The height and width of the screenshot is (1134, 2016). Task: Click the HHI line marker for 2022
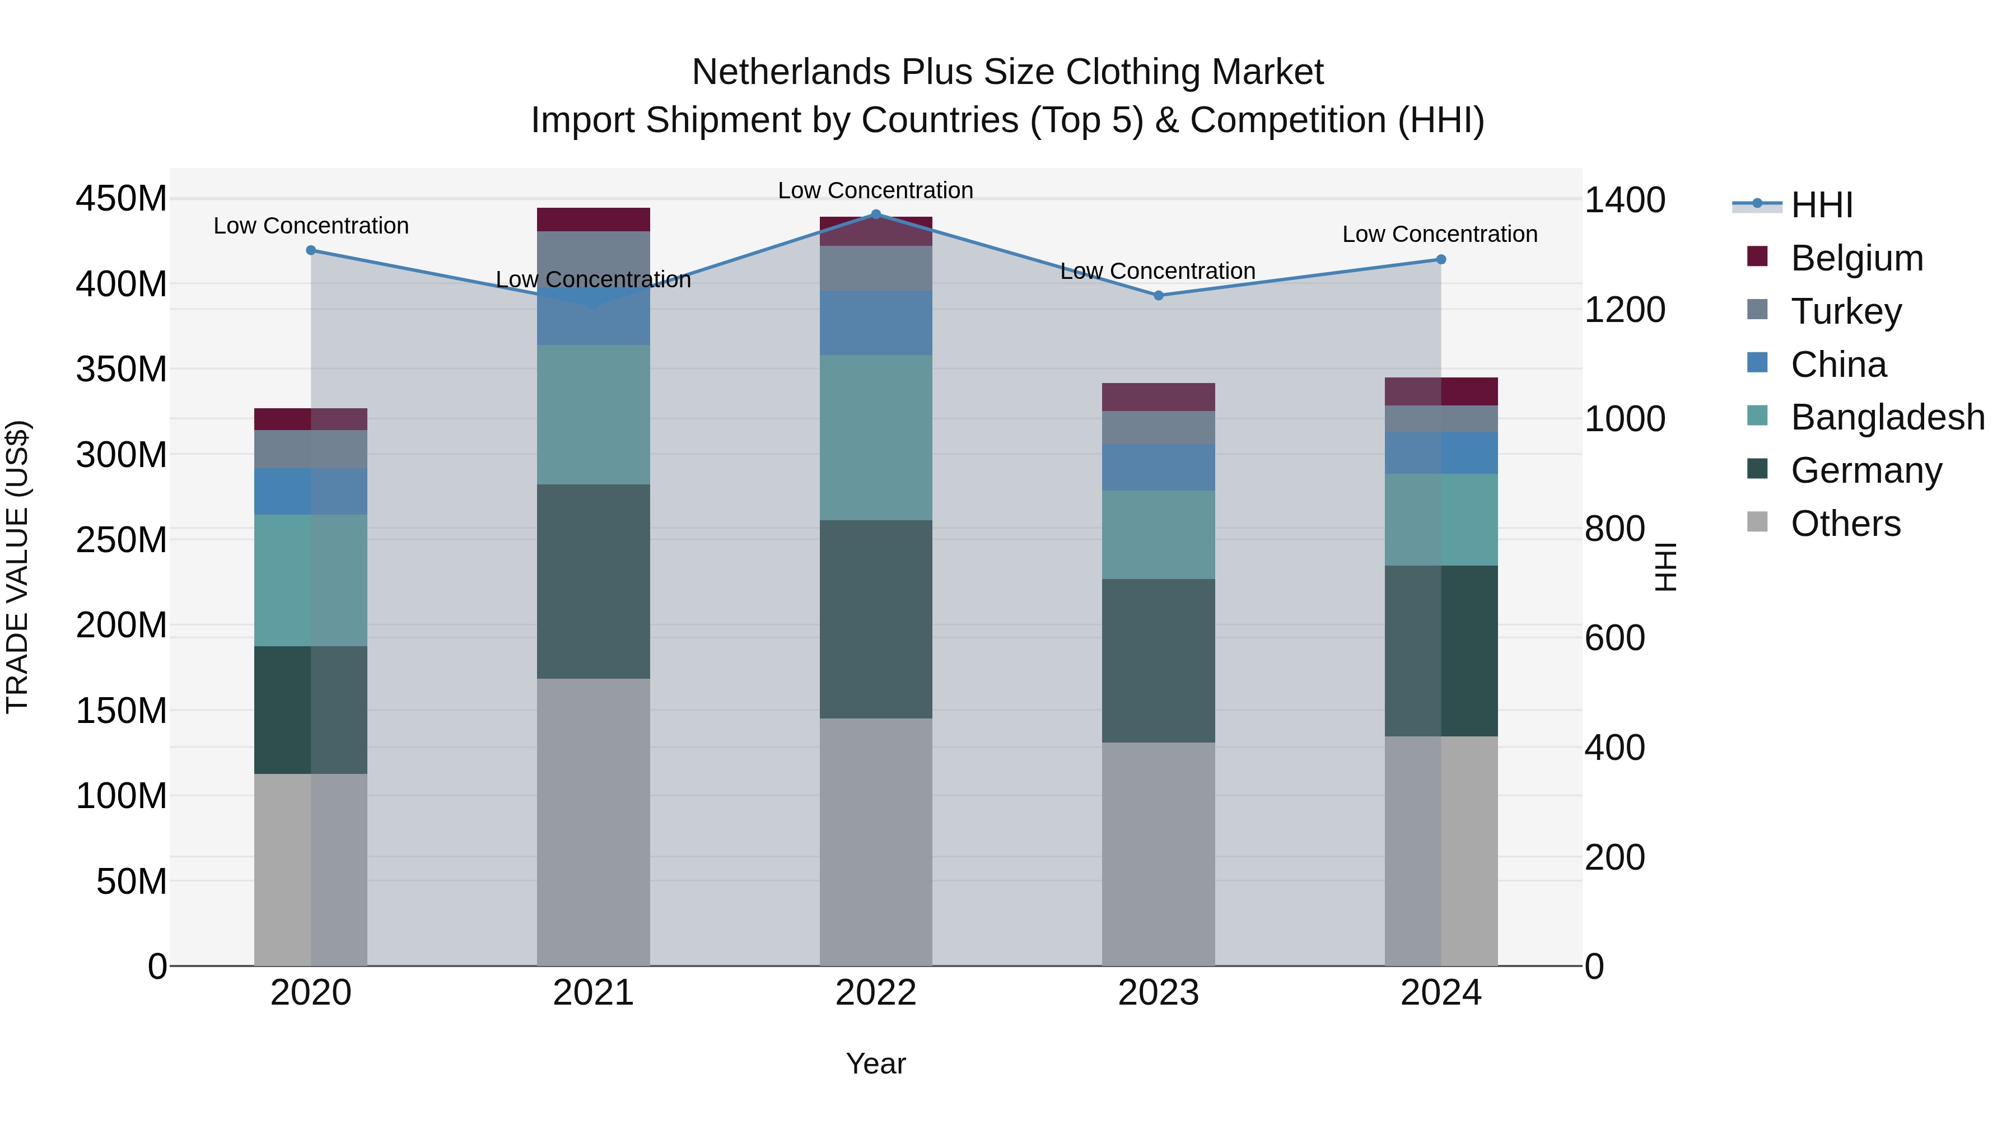point(876,214)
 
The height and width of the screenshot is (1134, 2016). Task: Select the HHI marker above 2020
point(311,250)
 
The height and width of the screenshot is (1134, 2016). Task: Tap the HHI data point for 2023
point(1158,296)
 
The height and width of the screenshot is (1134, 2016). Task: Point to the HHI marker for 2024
point(1441,260)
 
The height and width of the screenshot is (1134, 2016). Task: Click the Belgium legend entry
point(1856,258)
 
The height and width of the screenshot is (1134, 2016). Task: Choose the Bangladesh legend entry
point(1887,417)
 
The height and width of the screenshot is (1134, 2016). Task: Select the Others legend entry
point(1845,524)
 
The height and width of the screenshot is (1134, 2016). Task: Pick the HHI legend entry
point(1821,205)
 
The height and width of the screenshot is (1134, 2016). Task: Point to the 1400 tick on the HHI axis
point(1625,200)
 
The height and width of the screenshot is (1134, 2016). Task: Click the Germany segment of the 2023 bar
point(1158,661)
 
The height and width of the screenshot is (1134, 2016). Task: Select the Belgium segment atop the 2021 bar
point(593,220)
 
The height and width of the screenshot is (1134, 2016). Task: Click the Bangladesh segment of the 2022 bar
point(876,437)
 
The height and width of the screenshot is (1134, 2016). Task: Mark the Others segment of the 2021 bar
point(593,822)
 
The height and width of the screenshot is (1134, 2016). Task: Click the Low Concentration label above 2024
point(1440,234)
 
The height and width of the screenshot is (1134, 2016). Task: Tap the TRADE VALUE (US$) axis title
point(17,567)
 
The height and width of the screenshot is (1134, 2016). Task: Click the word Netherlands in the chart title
point(791,72)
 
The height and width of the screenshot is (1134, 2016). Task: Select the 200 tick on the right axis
point(1614,858)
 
